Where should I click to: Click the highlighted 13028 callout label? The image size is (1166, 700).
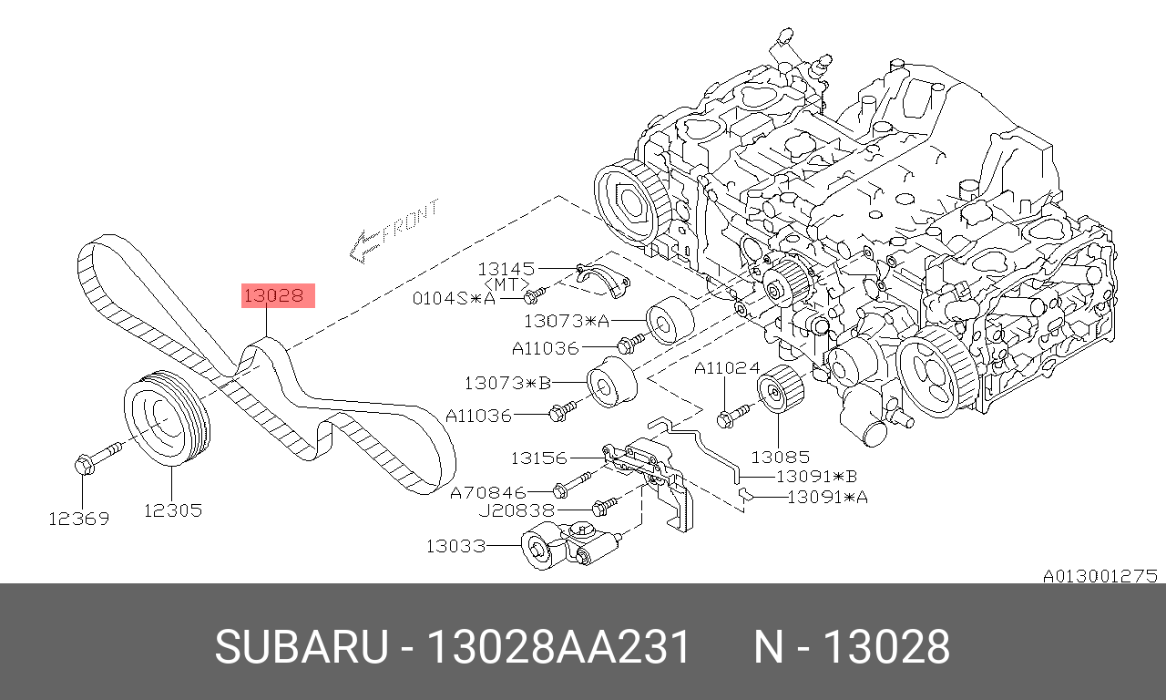point(278,296)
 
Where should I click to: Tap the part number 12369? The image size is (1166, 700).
point(79,519)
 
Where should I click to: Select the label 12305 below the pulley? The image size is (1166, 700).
point(173,510)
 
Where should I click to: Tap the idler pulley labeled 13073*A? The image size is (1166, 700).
point(670,321)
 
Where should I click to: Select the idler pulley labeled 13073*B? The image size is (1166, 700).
point(611,383)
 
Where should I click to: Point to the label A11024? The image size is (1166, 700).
point(727,368)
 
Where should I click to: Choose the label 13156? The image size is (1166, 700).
point(538,458)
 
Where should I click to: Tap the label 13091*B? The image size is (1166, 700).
point(817,477)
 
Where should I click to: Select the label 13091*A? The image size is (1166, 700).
point(828,498)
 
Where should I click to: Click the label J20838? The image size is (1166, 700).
point(517,511)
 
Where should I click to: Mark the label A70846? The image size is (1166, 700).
point(487,492)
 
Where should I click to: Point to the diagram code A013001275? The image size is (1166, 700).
point(1100,576)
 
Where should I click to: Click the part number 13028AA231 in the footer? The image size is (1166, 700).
point(558,647)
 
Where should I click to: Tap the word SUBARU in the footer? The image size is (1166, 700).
point(302,647)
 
